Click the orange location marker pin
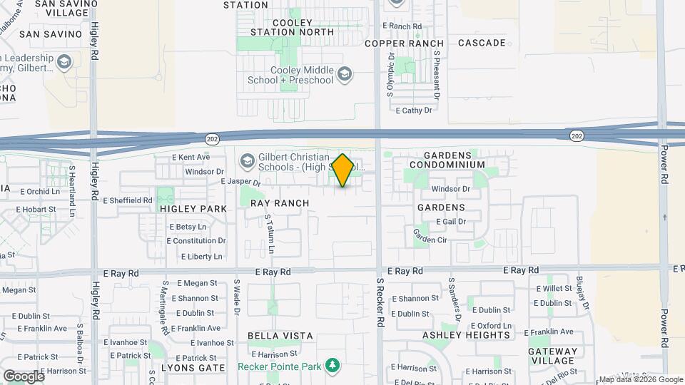(x=343, y=170)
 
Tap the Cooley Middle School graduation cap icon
(x=345, y=74)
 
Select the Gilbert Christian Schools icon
(x=247, y=160)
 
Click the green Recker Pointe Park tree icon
(x=332, y=366)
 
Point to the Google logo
(x=23, y=376)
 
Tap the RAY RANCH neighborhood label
(x=280, y=203)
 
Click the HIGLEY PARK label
(x=193, y=209)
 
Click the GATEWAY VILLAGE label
(x=552, y=356)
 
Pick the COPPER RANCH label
(x=405, y=43)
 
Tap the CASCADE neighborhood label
(x=482, y=43)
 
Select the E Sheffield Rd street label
(x=128, y=201)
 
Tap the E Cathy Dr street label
(x=414, y=111)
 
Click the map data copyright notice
(x=640, y=379)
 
